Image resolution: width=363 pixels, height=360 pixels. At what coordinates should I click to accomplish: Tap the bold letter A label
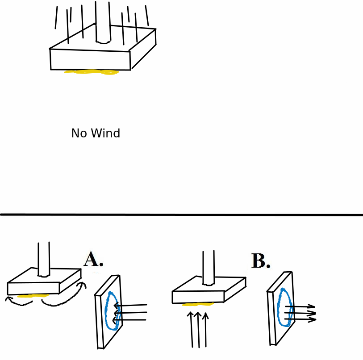(x=92, y=260)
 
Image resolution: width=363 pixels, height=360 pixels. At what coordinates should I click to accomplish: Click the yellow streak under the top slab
(x=92, y=72)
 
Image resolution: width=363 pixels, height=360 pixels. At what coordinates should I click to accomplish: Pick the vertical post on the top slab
(x=103, y=22)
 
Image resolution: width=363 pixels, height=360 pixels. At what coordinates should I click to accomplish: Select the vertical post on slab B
(x=209, y=268)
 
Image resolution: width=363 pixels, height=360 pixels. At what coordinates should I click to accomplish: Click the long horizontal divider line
(x=181, y=215)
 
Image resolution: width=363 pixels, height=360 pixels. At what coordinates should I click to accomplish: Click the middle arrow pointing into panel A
(x=130, y=312)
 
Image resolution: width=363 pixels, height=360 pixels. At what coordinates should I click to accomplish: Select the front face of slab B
(x=198, y=297)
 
